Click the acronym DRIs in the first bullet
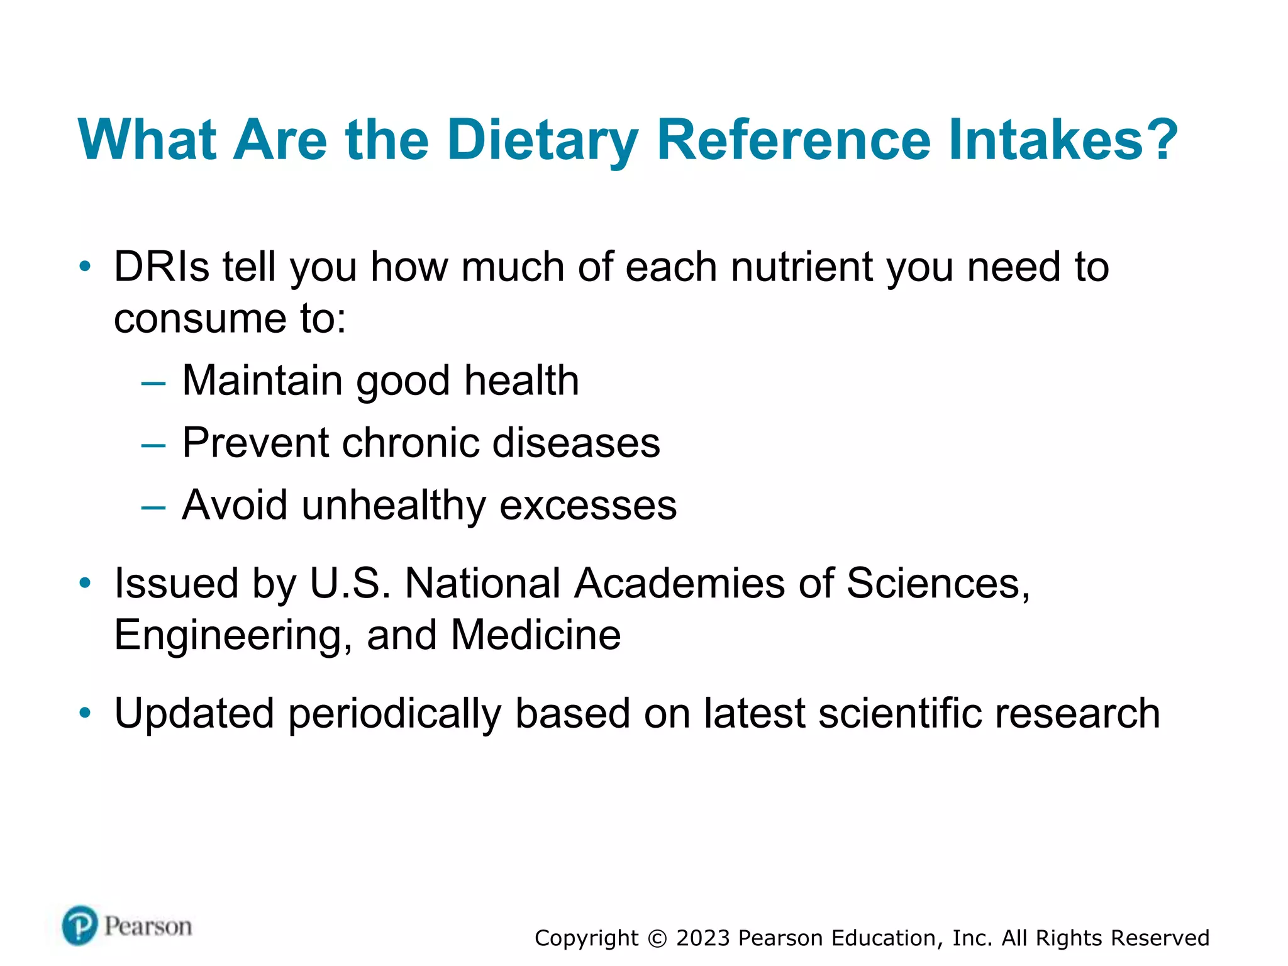[161, 267]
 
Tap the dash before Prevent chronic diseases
[153, 445]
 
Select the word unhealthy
[394, 505]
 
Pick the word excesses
[588, 505]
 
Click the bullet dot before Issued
[85, 583]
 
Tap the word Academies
[679, 583]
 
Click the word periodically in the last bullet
[395, 714]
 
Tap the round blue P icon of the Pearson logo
[80, 926]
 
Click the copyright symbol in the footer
[657, 938]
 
